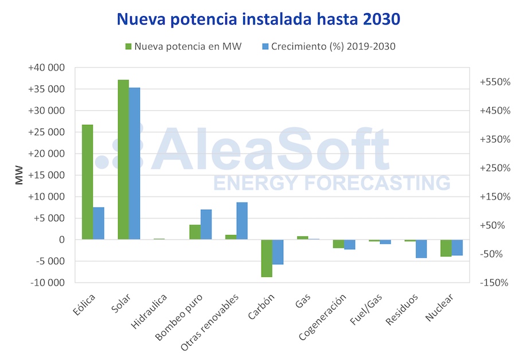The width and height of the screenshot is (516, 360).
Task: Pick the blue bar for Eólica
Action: pos(99,223)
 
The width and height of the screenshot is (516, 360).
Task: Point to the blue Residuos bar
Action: pos(421,249)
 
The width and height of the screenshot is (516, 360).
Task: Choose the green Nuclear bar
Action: pos(446,248)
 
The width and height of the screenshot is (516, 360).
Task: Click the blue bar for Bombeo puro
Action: pos(206,224)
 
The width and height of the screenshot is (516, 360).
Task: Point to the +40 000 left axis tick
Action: pos(46,68)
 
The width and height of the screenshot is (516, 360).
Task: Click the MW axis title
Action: pos(19,175)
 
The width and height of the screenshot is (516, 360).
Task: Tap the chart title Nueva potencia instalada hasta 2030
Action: pos(258,19)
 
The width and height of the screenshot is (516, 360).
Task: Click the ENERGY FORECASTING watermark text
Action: pos(331,183)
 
